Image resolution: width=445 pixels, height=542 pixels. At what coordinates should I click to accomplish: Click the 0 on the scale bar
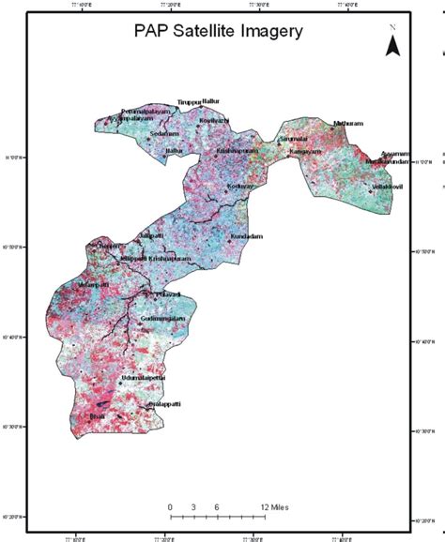[x=170, y=507]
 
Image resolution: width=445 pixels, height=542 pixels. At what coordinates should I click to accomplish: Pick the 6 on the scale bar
[x=217, y=507]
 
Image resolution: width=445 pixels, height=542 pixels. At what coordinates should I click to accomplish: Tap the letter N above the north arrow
[x=394, y=28]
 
